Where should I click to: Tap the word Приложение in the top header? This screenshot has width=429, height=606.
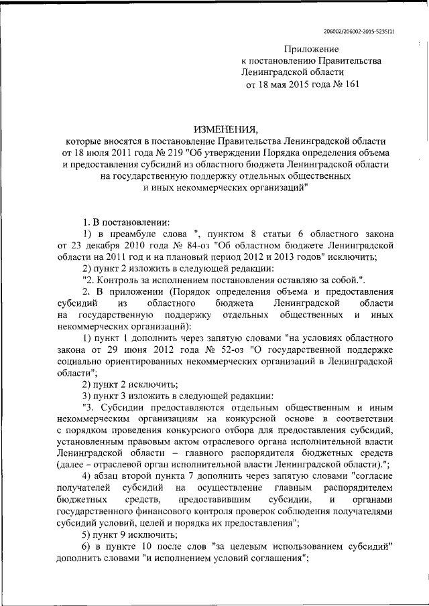(x=311, y=50)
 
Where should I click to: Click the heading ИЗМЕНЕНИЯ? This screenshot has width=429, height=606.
(x=225, y=129)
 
